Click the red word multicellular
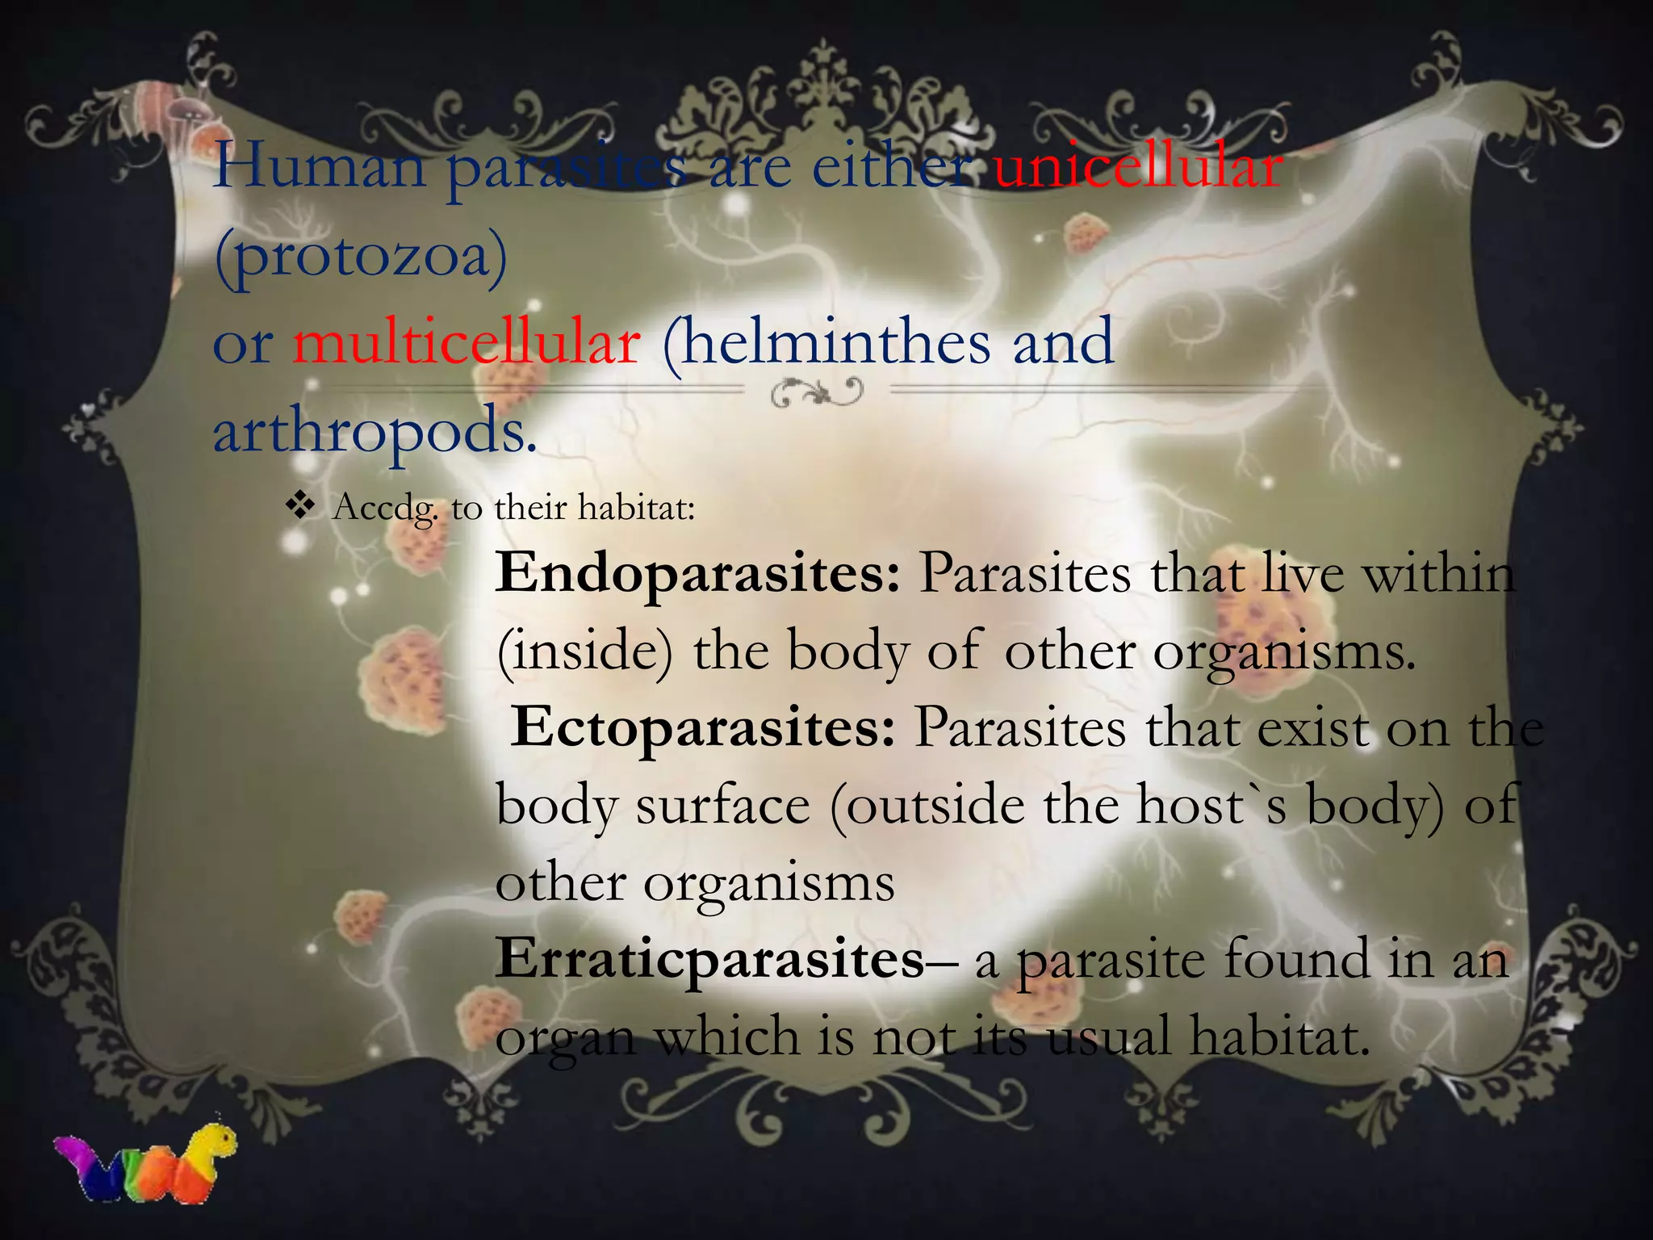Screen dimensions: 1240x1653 [x=467, y=343]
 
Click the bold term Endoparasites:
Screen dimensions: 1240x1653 [x=697, y=573]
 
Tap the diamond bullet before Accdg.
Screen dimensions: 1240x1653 [x=300, y=506]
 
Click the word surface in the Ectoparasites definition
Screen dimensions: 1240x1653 [x=722, y=806]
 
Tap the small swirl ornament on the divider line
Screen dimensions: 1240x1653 [x=817, y=394]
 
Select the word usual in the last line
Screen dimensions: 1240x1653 [x=1108, y=1036]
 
